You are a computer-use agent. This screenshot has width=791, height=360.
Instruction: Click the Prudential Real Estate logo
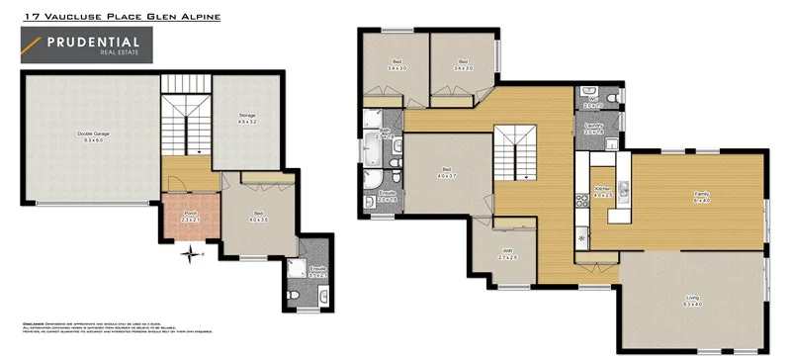click(x=87, y=45)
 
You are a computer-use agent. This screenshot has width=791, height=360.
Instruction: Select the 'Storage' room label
click(x=247, y=118)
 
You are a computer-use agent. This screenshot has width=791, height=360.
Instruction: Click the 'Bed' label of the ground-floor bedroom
click(x=259, y=216)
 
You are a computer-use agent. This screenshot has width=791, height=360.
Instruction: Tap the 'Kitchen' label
click(x=603, y=191)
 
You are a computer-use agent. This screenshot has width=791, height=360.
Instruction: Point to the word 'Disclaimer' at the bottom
click(x=37, y=323)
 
